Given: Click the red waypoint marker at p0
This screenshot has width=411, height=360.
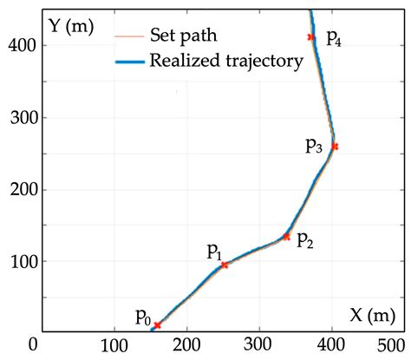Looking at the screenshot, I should click(157, 325).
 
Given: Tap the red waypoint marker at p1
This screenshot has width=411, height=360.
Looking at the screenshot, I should click(225, 265).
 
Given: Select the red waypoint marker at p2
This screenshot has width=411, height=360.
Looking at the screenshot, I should click(286, 236).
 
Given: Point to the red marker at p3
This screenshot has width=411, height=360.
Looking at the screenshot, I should click(335, 147).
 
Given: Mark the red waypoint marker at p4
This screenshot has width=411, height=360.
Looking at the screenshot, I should click(310, 37).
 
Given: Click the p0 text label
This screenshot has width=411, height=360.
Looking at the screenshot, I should click(144, 317).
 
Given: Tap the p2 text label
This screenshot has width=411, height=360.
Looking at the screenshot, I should click(305, 240).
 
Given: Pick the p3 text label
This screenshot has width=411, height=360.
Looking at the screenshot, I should click(315, 146).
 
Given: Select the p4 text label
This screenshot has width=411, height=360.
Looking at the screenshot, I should click(334, 38).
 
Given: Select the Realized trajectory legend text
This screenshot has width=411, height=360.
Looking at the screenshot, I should click(225, 61).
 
